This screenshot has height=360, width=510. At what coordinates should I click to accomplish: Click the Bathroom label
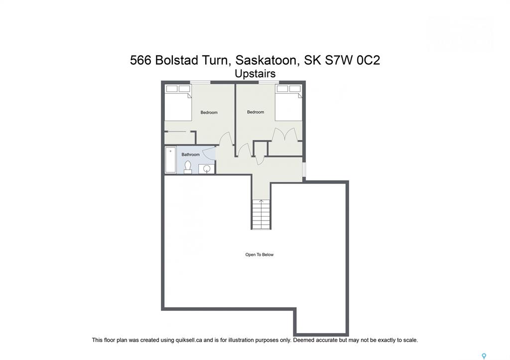click(x=190, y=154)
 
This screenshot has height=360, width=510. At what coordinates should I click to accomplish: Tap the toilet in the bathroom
click(x=188, y=167)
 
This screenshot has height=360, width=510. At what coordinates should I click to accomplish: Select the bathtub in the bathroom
click(x=170, y=160)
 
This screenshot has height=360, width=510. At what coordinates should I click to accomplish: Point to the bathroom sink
click(x=207, y=169)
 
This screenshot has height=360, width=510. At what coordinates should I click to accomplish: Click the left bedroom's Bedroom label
click(x=209, y=113)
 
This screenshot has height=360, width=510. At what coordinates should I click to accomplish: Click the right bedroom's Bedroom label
click(x=255, y=112)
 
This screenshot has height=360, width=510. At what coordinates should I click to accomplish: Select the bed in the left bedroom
click(x=178, y=103)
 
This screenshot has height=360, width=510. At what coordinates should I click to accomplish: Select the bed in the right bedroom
click(x=288, y=103)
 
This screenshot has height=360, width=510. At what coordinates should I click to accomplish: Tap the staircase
click(x=261, y=214)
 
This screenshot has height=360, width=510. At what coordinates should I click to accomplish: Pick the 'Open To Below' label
click(x=259, y=254)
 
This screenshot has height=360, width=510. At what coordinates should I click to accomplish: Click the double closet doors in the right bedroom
click(x=285, y=134)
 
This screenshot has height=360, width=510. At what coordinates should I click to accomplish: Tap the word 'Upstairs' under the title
click(x=255, y=74)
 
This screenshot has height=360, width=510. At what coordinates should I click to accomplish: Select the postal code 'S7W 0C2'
click(x=352, y=60)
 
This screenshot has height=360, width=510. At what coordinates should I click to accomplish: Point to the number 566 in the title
click(x=140, y=60)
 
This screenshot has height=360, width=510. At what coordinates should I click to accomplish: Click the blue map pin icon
click(x=484, y=357)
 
